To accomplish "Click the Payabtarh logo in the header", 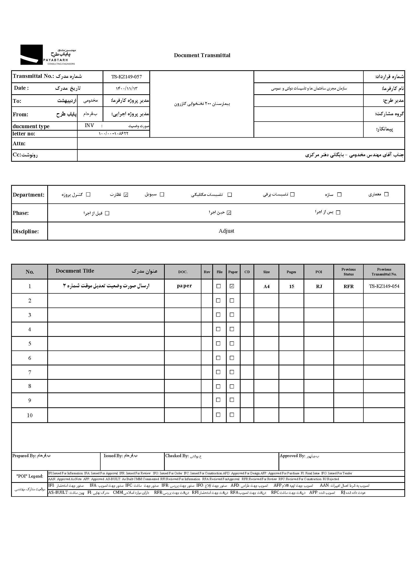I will pyautogui.click(x=48, y=55).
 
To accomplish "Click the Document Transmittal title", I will pyautogui.click(x=202, y=55).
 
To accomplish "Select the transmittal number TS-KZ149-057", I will pyautogui.click(x=126, y=77).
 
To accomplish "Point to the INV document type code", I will pyautogui.click(x=89, y=126).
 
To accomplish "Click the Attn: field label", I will pyautogui.click(x=19, y=144).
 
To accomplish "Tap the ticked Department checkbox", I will pyautogui.click(x=126, y=195).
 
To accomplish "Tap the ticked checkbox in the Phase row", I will pyautogui.click(x=229, y=213).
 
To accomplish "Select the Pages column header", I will pyautogui.click(x=291, y=272).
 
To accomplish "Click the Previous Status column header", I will pyautogui.click(x=348, y=272).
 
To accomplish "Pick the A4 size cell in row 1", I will pyautogui.click(x=266, y=286).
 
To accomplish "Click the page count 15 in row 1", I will pyautogui.click(x=291, y=286).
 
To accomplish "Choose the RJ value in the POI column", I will pyautogui.click(x=319, y=286).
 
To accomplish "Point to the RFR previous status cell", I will pyautogui.click(x=349, y=286).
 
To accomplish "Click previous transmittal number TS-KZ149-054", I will pyautogui.click(x=384, y=286).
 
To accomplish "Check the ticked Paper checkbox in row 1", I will pyautogui.click(x=232, y=286).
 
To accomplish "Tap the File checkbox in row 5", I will pyautogui.click(x=218, y=344).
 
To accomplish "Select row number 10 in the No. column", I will pyautogui.click(x=30, y=415).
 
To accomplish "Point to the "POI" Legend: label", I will pyautogui.click(x=30, y=476).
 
